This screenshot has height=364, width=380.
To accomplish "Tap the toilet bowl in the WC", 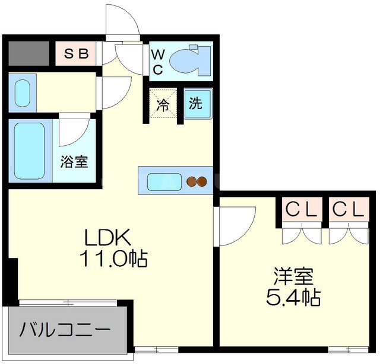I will tap(187, 61).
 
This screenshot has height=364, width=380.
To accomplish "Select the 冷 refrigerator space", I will tap(163, 104).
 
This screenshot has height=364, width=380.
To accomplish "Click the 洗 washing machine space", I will tap(195, 104).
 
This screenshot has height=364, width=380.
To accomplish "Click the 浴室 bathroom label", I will tap(74, 161).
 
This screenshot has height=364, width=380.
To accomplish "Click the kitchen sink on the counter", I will tap(161, 180).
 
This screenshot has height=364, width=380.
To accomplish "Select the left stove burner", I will tap(191, 181).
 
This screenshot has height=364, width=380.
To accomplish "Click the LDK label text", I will tap(107, 237).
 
